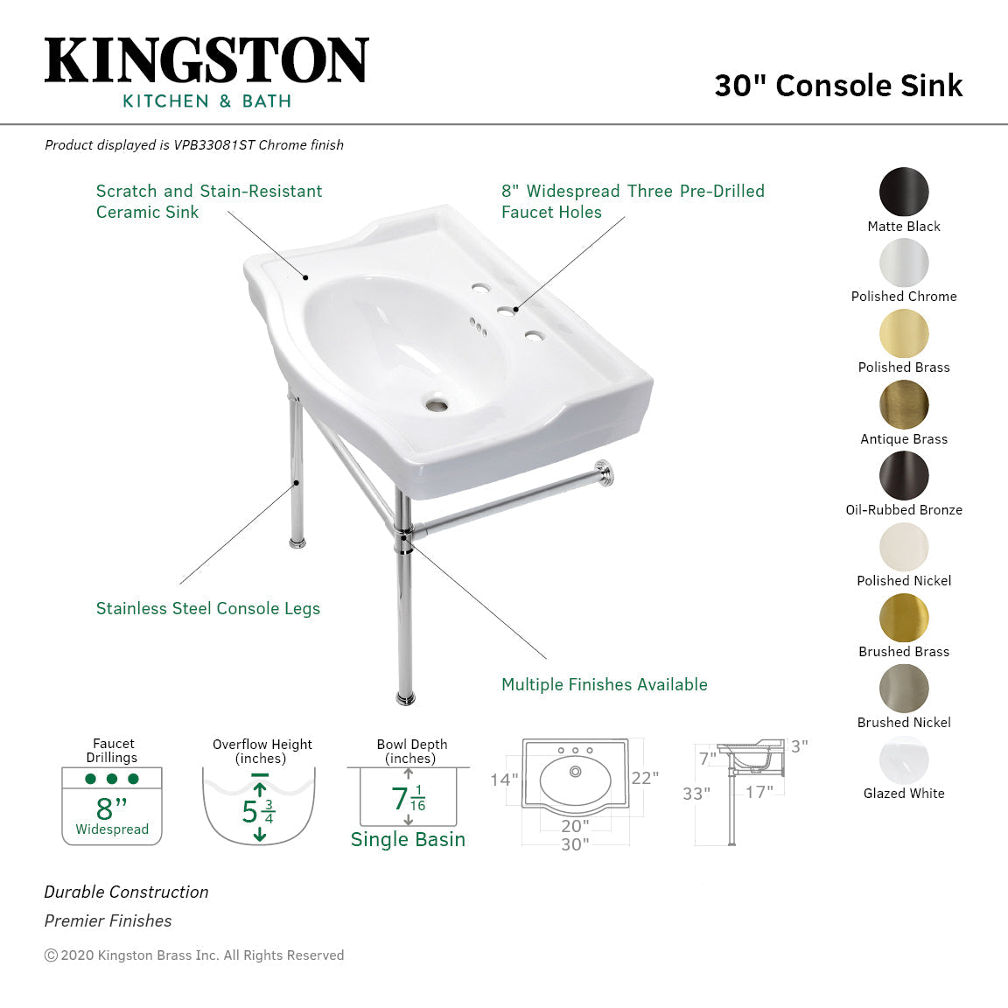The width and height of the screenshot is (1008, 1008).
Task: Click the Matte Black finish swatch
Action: pyautogui.click(x=904, y=192)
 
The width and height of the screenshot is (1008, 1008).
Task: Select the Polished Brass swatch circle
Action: pyautogui.click(x=904, y=333)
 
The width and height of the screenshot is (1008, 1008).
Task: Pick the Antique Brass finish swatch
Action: pyautogui.click(x=904, y=404)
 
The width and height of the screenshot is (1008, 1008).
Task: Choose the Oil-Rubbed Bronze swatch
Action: pyautogui.click(x=904, y=475)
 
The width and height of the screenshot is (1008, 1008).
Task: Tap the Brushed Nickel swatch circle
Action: pyautogui.click(x=904, y=688)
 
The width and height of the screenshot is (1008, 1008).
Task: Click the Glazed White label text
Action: pyautogui.click(x=904, y=794)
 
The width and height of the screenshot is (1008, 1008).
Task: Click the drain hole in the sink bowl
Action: pyautogui.click(x=436, y=404)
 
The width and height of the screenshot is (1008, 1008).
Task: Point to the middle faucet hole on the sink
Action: pyautogui.click(x=505, y=310)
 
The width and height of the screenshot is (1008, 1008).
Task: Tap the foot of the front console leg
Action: pyautogui.click(x=405, y=697)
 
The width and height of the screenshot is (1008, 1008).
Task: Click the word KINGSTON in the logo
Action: pyautogui.click(x=206, y=61)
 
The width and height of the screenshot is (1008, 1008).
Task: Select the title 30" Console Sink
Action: pyautogui.click(x=838, y=86)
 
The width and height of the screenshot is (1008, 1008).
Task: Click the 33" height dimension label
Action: pyautogui.click(x=696, y=794)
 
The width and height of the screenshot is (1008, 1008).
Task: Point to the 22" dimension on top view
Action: pyautogui.click(x=645, y=778)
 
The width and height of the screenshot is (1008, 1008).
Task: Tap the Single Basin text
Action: pyautogui.click(x=408, y=839)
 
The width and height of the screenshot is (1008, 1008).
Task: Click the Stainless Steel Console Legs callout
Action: pyautogui.click(x=208, y=609)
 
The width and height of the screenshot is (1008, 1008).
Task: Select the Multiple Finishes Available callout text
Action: pyautogui.click(x=604, y=685)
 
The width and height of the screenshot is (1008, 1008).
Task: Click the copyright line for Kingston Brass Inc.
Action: pyautogui.click(x=194, y=955)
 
